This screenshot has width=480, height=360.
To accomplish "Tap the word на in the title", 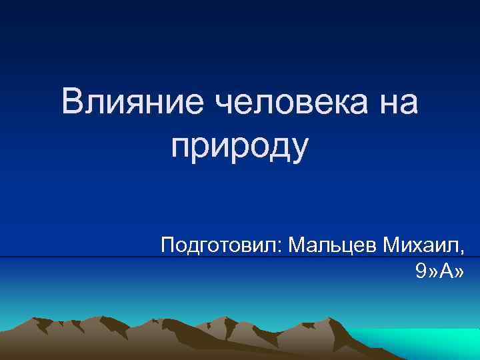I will pos(395,103).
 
